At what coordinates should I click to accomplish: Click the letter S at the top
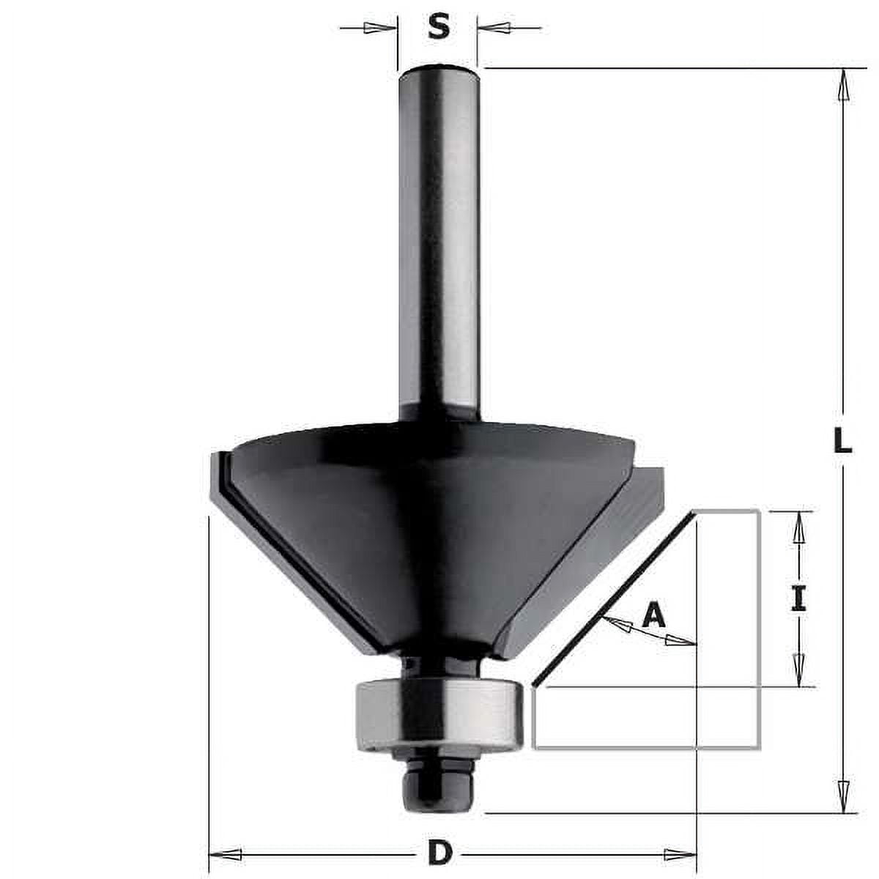(x=438, y=28)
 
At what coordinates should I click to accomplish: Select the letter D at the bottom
(x=439, y=853)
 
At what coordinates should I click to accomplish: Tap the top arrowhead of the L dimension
(x=844, y=83)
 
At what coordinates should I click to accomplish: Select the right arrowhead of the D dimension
(x=680, y=853)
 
